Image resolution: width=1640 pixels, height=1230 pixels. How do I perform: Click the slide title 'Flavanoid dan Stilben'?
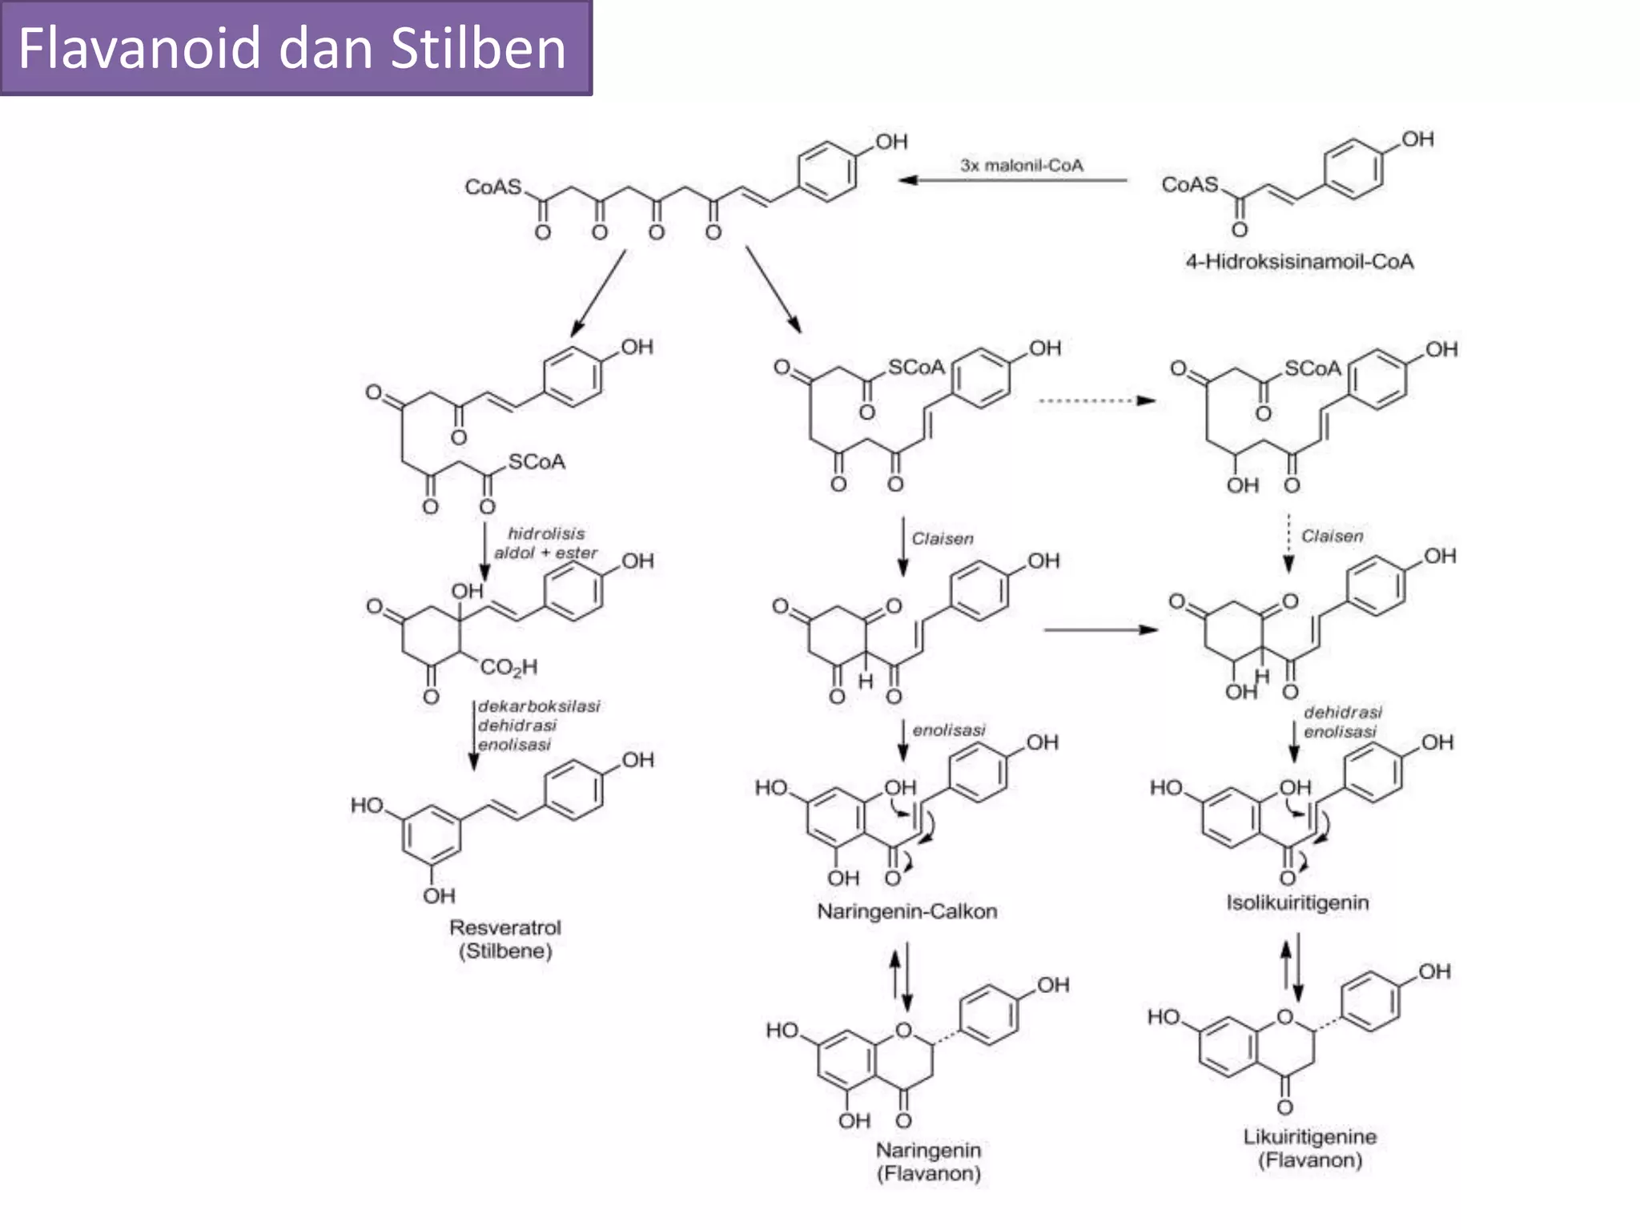(291, 48)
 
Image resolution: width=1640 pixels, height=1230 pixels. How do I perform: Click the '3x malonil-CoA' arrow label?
(1022, 166)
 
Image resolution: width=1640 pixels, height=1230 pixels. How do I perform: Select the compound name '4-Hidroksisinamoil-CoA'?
(1299, 262)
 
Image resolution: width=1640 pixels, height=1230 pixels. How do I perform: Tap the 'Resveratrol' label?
(504, 927)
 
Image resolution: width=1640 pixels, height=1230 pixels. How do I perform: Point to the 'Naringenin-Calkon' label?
(906, 911)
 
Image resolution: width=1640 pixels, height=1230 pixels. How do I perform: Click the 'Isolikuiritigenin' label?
(1297, 902)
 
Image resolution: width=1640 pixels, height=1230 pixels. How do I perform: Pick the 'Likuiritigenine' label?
(1309, 1136)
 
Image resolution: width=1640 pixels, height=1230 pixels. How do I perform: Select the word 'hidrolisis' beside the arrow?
(546, 533)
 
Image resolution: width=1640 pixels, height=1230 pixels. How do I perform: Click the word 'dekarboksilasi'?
(539, 706)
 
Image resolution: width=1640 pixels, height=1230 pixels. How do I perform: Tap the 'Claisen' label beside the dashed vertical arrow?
(1332, 536)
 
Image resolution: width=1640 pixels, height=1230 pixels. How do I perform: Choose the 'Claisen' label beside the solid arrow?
(943, 538)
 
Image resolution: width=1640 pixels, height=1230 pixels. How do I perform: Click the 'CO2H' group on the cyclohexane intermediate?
(508, 667)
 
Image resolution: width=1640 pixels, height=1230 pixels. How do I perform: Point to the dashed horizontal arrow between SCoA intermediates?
(1095, 400)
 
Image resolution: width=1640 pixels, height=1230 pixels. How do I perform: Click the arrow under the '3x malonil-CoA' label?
(1012, 181)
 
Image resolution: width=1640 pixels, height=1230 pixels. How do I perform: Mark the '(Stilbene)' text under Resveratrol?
(505, 951)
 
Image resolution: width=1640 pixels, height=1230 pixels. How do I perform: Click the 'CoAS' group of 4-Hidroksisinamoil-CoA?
(1189, 185)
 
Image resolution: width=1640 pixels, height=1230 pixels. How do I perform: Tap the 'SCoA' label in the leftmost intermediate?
(537, 462)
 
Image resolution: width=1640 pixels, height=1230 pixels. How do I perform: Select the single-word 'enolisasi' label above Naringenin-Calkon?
(949, 730)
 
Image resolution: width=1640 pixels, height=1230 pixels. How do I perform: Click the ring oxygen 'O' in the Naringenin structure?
(903, 1030)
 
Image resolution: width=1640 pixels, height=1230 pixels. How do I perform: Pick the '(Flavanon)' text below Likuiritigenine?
(1309, 1160)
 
